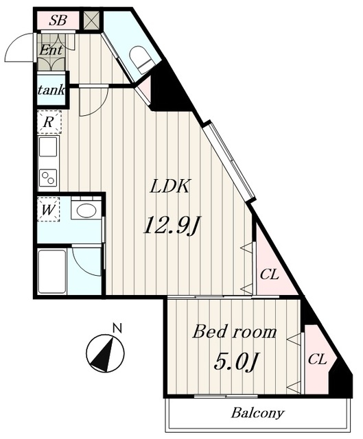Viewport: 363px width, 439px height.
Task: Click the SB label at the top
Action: click(58, 21)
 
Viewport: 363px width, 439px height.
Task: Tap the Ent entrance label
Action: click(50, 51)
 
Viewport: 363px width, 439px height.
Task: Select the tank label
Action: click(51, 90)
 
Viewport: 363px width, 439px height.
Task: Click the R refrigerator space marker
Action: click(49, 122)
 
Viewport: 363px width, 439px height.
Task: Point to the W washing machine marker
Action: click(48, 209)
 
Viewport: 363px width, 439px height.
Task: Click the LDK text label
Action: click(170, 186)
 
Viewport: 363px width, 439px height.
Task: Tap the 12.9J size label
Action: click(172, 225)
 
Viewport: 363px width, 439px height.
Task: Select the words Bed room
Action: click(235, 332)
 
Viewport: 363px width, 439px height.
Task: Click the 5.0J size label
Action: click(235, 361)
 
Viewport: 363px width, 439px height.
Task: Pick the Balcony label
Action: click(258, 413)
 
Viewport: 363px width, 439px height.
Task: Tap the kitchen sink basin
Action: click(48, 146)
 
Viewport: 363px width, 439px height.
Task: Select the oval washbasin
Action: click(86, 211)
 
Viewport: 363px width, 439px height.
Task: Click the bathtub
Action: click(52, 272)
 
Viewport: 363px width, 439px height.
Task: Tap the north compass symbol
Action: click(105, 353)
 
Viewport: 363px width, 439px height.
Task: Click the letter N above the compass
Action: click(117, 328)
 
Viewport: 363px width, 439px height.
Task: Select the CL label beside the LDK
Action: click(270, 274)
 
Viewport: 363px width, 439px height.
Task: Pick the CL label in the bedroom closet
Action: click(317, 359)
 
